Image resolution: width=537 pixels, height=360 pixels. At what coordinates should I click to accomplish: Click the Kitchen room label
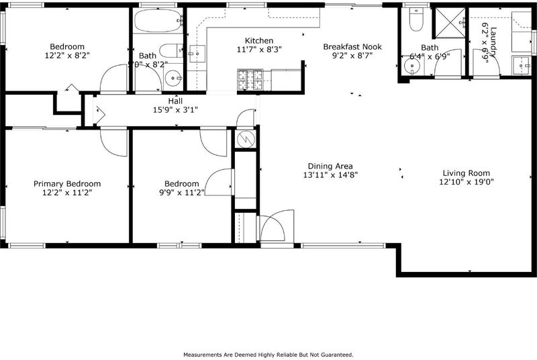(x=259, y=40)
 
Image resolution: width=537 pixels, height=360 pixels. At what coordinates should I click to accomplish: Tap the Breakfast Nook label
(x=352, y=46)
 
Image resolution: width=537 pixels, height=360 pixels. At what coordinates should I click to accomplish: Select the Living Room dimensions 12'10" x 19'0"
(x=466, y=182)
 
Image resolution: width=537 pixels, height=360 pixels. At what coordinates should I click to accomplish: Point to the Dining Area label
(x=330, y=166)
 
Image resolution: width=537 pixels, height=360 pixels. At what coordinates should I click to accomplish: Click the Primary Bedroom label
(x=67, y=184)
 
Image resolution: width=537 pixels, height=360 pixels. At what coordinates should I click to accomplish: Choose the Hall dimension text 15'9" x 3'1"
(x=175, y=110)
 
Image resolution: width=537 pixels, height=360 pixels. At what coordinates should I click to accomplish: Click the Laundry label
(x=493, y=42)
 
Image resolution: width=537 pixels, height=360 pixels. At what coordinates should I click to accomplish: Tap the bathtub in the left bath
(x=158, y=21)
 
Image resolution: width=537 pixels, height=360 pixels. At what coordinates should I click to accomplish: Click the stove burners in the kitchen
(x=250, y=80)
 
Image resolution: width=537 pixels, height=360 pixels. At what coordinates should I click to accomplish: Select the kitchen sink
(x=197, y=54)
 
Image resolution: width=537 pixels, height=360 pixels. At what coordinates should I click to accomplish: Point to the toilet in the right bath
(x=416, y=19)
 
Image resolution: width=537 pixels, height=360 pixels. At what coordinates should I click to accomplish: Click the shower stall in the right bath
(x=450, y=22)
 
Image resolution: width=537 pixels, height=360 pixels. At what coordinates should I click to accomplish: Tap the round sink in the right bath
(x=412, y=66)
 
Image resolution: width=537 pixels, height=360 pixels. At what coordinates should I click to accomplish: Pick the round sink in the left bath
(x=173, y=78)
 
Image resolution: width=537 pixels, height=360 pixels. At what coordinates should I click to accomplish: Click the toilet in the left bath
(x=172, y=50)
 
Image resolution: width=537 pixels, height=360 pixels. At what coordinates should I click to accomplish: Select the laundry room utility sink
(x=522, y=65)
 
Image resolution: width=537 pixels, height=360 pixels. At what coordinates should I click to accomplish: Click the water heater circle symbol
(x=246, y=139)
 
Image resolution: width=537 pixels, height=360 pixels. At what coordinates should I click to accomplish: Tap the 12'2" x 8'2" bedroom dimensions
(x=67, y=56)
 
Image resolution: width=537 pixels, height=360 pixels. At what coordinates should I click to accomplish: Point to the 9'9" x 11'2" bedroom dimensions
(x=182, y=193)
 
